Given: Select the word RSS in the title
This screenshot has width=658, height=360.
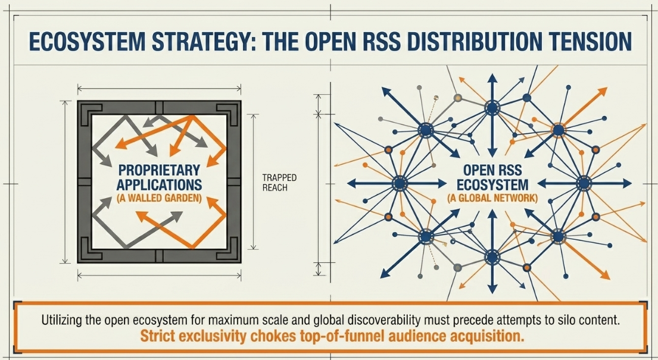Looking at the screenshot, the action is click(378, 40).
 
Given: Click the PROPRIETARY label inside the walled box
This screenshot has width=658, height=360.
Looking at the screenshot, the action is click(159, 170).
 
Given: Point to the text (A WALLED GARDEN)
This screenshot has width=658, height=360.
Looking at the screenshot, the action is click(159, 198).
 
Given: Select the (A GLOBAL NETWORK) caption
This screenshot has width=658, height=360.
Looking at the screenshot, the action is click(492, 198).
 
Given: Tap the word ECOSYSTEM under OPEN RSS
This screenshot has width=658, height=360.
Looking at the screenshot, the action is click(492, 184).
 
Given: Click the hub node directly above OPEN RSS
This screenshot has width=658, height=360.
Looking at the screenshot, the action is click(492, 108).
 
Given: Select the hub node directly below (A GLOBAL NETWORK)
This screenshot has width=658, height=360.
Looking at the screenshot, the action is click(492, 257).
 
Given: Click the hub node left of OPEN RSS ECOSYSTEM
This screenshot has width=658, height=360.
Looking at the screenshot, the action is click(400, 183).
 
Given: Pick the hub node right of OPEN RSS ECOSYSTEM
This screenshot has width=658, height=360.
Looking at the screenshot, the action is click(584, 183).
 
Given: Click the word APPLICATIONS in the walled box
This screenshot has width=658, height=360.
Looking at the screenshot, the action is click(159, 184).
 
